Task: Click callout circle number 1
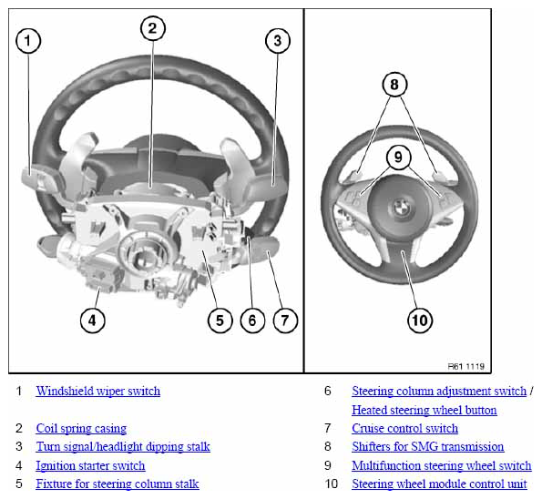(28, 41)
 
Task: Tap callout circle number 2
(153, 28)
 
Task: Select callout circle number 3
(278, 41)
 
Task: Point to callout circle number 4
(92, 321)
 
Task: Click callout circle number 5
(220, 321)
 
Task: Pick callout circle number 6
(252, 321)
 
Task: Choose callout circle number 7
(285, 321)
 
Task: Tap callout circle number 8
(394, 85)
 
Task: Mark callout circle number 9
(398, 158)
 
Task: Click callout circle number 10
(420, 321)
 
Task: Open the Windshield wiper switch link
(98, 392)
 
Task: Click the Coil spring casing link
(81, 429)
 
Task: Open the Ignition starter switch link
(90, 465)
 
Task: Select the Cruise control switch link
(405, 429)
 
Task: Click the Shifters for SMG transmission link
(428, 446)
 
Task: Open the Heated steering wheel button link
(424, 410)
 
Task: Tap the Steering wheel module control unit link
(440, 484)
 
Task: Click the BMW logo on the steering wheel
(401, 208)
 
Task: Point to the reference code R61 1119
(466, 366)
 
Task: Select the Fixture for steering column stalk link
(118, 484)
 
